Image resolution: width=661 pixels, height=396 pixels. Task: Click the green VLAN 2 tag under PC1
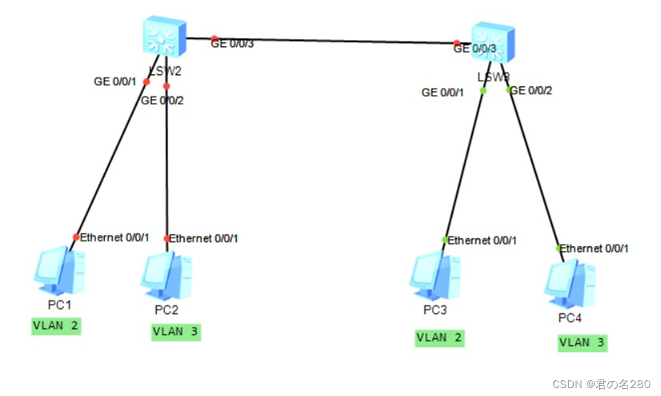click(x=56, y=327)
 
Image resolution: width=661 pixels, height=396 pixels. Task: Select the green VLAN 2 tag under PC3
click(x=439, y=337)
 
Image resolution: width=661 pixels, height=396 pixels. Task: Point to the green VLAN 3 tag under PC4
click(x=582, y=342)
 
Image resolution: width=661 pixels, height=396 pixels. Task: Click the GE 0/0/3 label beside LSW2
click(x=232, y=44)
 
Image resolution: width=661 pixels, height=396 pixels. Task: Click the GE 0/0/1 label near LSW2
click(x=115, y=81)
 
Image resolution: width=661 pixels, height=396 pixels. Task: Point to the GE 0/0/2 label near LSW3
click(x=531, y=91)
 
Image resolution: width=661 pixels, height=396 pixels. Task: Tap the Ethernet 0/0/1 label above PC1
click(x=114, y=238)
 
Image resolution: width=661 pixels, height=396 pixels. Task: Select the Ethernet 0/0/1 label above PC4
click(x=594, y=248)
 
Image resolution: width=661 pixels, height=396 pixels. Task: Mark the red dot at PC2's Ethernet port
click(x=167, y=238)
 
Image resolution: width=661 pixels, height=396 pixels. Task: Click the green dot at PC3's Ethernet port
click(x=445, y=240)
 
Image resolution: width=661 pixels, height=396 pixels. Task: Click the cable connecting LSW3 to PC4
click(x=535, y=171)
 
